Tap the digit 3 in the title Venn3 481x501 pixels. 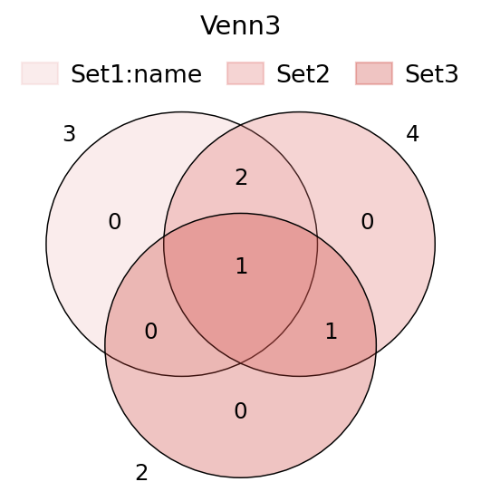click(273, 25)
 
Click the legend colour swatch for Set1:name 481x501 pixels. click(40, 73)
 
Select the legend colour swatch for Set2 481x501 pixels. click(245, 73)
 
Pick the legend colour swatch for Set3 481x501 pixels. click(374, 73)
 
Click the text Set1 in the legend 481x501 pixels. click(99, 74)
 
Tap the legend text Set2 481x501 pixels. click(303, 74)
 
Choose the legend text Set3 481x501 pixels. click(432, 74)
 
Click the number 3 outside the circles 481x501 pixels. click(70, 134)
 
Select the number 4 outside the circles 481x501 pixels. click(412, 134)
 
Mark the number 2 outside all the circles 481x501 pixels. click(142, 473)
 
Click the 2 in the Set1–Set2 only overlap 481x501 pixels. click(241, 178)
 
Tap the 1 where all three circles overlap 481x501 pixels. click(242, 265)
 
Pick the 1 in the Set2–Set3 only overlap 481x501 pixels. click(332, 331)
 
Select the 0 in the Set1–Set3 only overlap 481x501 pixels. click(151, 331)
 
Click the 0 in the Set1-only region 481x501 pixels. click(115, 221)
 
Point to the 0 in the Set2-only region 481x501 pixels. click(367, 221)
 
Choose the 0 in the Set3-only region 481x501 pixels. click(241, 411)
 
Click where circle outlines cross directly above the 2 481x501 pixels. click(241, 125)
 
